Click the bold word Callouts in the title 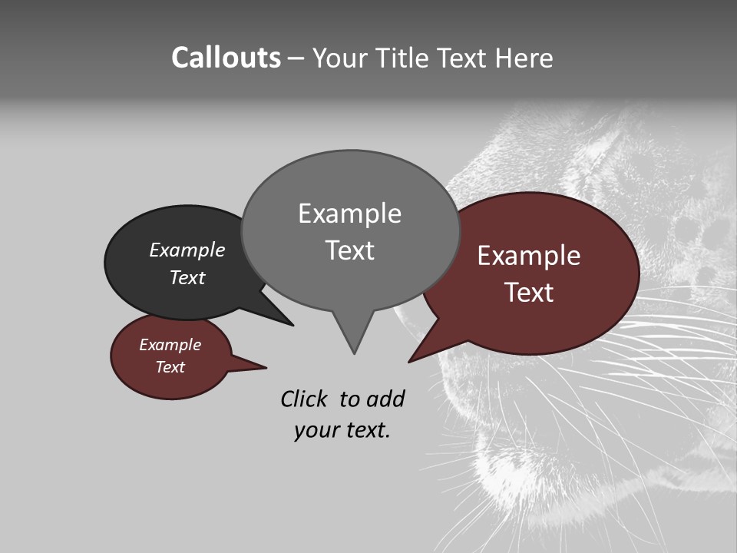click(x=226, y=58)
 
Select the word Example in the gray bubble click(x=349, y=214)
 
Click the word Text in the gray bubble click(x=349, y=250)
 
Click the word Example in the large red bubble click(x=529, y=256)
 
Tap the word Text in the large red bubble click(x=529, y=293)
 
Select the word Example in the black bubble click(x=187, y=250)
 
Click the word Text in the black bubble click(x=187, y=277)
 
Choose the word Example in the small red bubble click(x=170, y=345)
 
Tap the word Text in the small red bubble click(x=170, y=367)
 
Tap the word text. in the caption click(x=365, y=430)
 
